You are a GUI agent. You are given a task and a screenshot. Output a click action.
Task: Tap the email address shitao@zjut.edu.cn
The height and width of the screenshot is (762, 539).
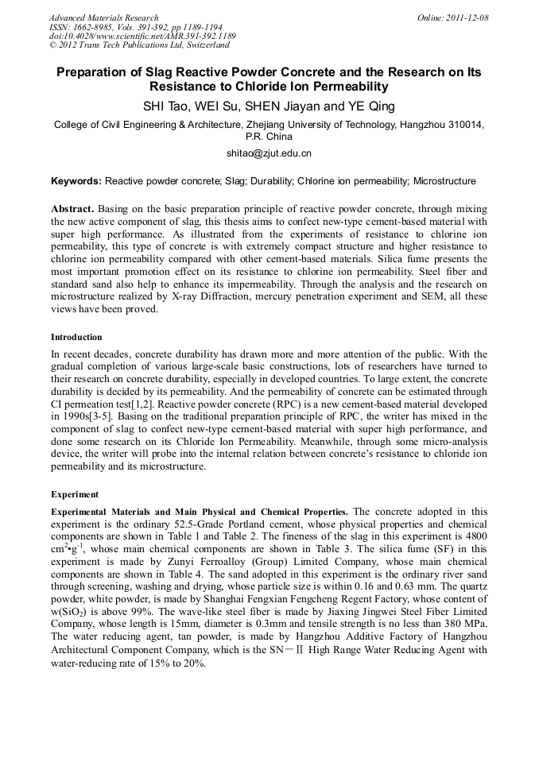pyautogui.click(x=269, y=153)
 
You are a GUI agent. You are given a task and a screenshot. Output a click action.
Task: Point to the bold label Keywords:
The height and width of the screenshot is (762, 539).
pyautogui.click(x=76, y=181)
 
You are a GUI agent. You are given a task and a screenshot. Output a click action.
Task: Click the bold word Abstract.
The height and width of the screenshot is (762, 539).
pyautogui.click(x=73, y=208)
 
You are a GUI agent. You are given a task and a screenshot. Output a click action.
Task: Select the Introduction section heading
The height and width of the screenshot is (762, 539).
pyautogui.click(x=76, y=337)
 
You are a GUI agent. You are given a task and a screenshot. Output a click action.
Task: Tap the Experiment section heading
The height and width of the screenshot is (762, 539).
pyautogui.click(x=75, y=493)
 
